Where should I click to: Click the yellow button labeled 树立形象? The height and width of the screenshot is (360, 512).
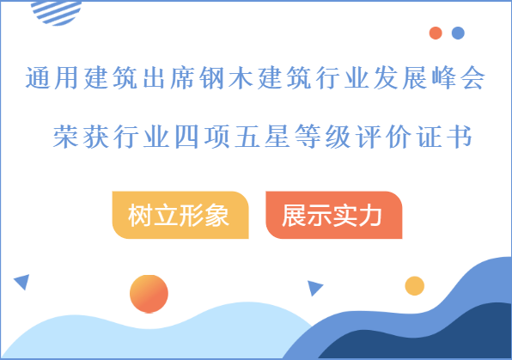click(x=180, y=215)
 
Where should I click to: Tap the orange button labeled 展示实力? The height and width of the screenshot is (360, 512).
click(x=333, y=215)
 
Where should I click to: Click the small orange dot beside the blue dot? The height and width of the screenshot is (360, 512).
click(x=436, y=34)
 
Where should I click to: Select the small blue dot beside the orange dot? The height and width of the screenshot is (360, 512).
click(x=458, y=34)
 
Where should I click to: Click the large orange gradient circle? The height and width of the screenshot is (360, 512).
click(x=149, y=294)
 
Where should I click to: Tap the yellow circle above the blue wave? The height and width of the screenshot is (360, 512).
click(x=415, y=285)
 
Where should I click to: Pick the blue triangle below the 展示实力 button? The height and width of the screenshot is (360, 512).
click(x=314, y=288)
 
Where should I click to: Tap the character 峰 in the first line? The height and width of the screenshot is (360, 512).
click(x=434, y=80)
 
